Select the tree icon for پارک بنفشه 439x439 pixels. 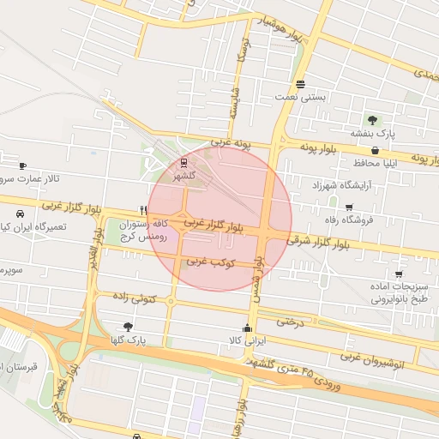[x=371, y=120]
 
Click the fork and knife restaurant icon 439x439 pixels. [x=143, y=209]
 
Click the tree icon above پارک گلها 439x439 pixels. [x=129, y=327]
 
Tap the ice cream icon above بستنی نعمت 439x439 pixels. [x=300, y=84]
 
